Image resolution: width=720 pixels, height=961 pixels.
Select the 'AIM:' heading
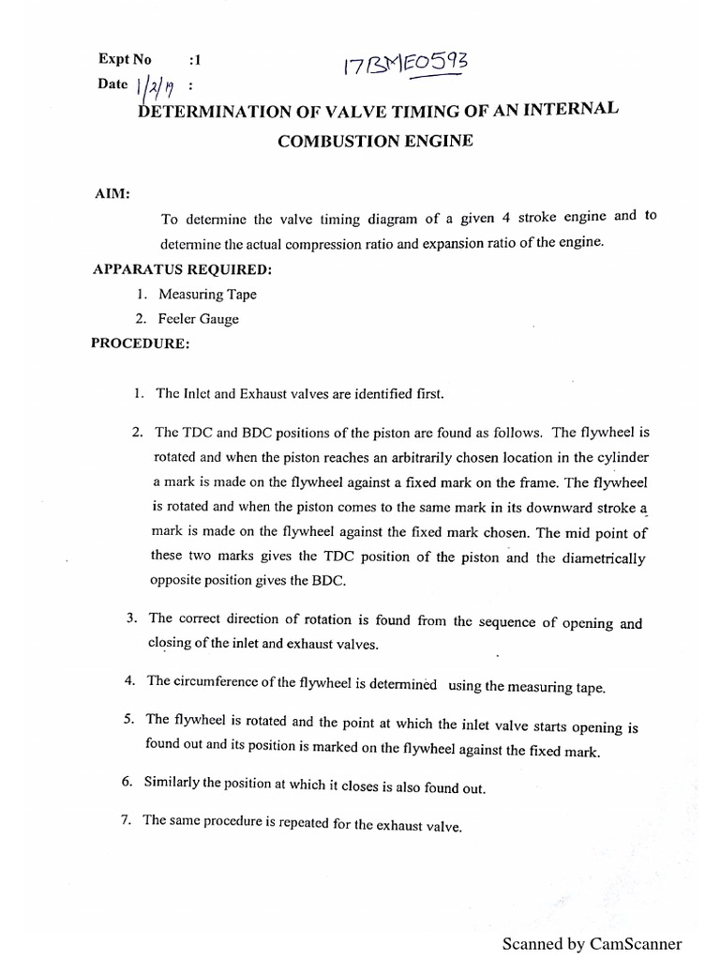[112, 194]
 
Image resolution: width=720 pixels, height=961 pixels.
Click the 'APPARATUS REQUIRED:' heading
[183, 269]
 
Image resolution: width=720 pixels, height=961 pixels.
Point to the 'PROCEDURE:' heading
[140, 343]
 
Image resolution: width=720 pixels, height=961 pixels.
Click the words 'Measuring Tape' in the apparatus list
[207, 294]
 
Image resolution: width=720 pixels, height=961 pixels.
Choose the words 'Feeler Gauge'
[199, 319]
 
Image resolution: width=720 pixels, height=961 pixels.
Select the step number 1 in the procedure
[138, 393]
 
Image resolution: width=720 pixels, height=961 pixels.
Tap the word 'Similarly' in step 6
[173, 783]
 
